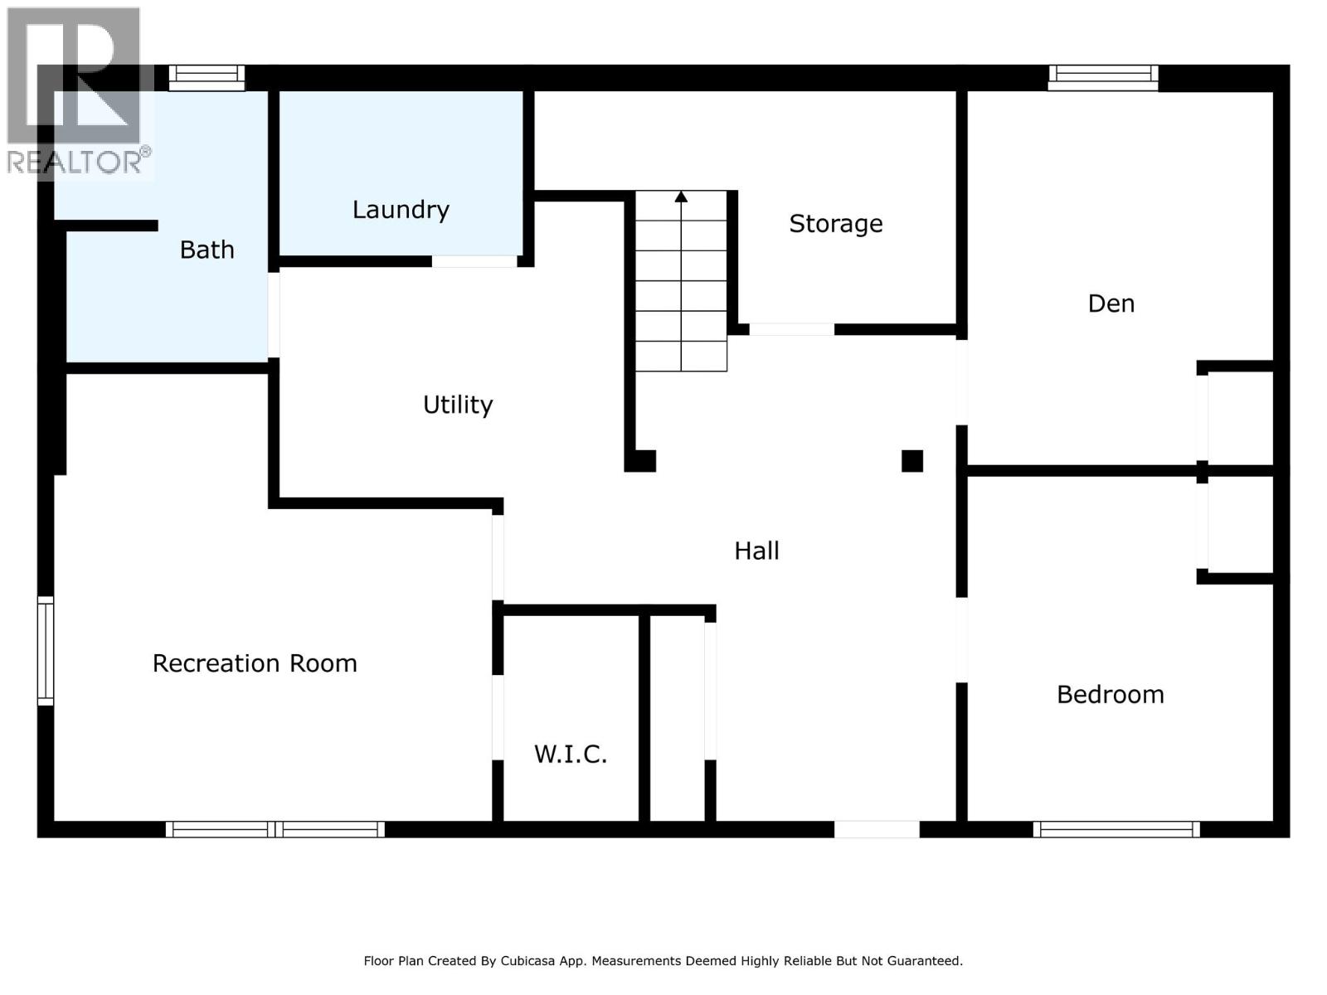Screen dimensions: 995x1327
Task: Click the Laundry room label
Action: click(x=401, y=210)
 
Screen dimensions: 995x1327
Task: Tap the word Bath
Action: click(x=207, y=250)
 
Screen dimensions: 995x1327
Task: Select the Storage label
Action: click(x=835, y=224)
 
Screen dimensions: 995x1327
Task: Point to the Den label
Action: click(x=1111, y=303)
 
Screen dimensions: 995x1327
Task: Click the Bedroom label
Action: click(x=1110, y=694)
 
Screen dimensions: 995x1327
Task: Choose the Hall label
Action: click(x=756, y=551)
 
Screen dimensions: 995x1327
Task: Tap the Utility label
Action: click(x=458, y=405)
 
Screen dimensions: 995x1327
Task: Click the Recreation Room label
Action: click(x=255, y=663)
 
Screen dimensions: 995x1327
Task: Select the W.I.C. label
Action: click(x=571, y=754)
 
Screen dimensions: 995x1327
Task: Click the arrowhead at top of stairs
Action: click(x=681, y=197)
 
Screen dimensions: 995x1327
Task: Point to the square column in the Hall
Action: click(x=911, y=461)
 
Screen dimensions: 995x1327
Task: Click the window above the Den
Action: click(x=1103, y=77)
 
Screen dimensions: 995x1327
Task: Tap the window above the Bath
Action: click(x=207, y=77)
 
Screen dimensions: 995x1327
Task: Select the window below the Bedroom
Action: click(x=1116, y=828)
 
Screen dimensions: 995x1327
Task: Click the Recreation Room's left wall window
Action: click(x=46, y=651)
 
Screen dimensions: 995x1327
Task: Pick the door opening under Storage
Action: click(x=791, y=329)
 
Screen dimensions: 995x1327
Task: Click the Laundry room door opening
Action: click(x=474, y=261)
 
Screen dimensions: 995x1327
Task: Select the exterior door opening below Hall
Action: click(x=877, y=828)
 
